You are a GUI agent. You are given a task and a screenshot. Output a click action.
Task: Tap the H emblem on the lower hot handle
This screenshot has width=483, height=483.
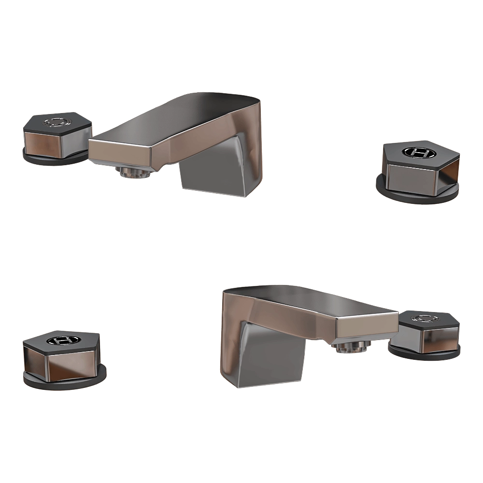[x=62, y=340]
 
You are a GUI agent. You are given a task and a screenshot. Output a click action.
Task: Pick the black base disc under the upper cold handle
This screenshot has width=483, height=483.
[x=48, y=158]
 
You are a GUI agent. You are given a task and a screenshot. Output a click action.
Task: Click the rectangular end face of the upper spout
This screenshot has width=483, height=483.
[x=120, y=151]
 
